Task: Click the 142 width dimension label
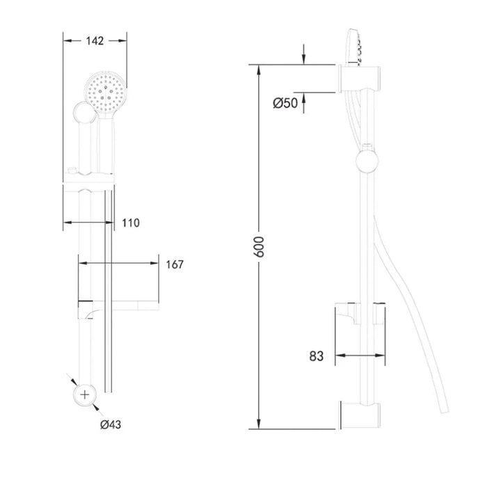pos(95,40)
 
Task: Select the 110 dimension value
pos(131,223)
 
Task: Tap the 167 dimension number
pos(175,264)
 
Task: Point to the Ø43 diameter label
pos(111,424)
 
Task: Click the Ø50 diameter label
pos(285,103)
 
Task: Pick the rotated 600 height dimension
pos(259,247)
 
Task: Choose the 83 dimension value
pos(316,356)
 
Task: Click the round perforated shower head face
pos(105,93)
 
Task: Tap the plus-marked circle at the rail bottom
pos(85,394)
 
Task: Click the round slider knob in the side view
pos(367,161)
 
